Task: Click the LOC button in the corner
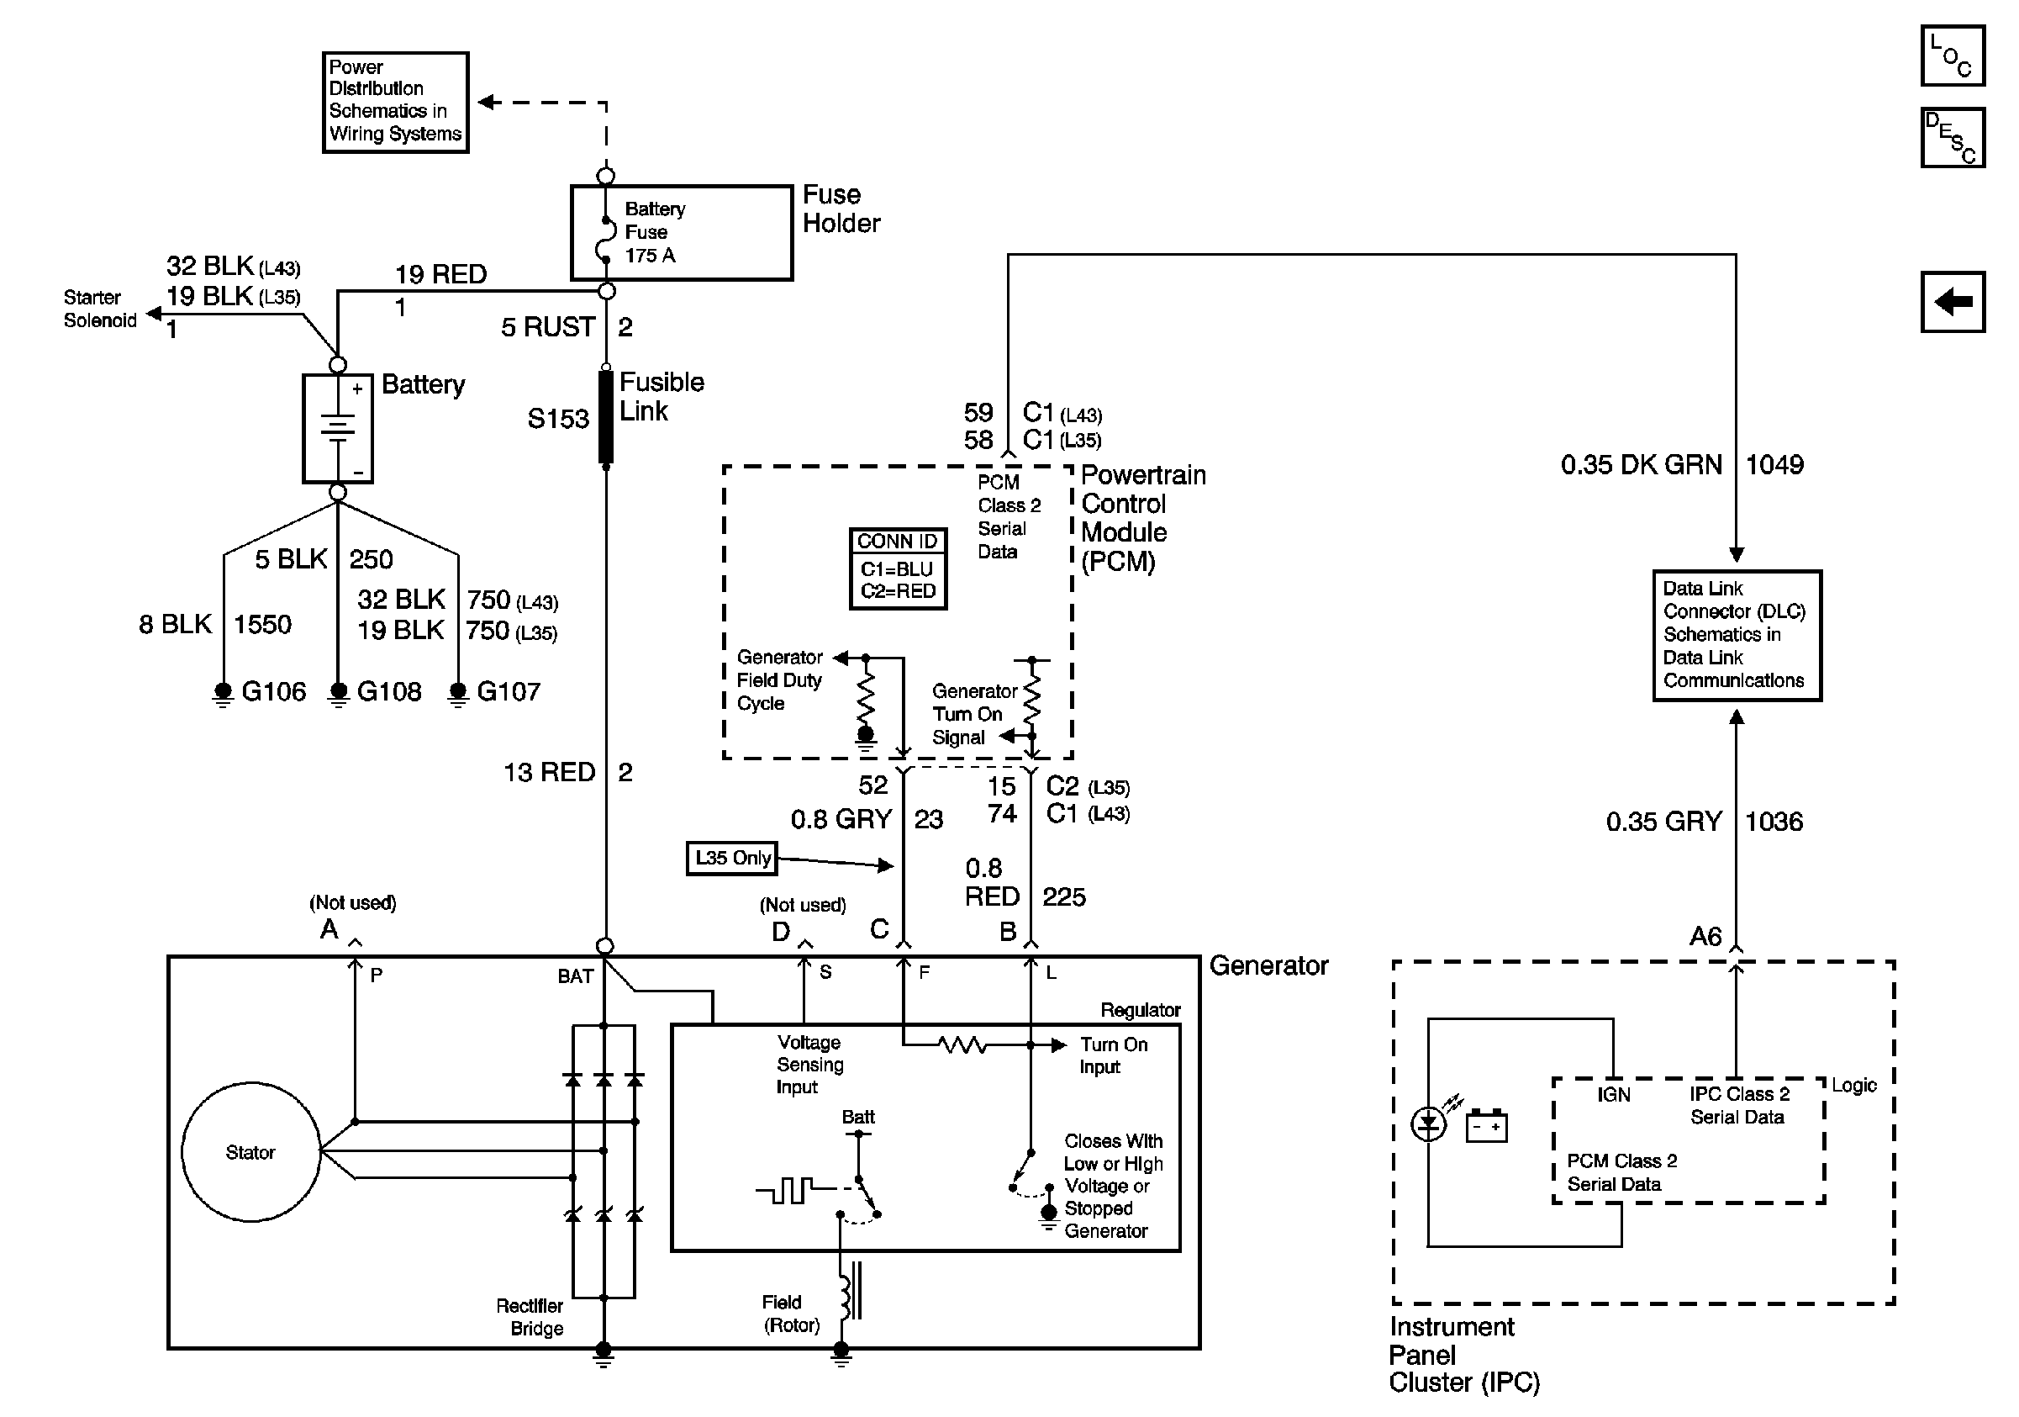1952,56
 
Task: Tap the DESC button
1952,137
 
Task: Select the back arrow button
1952,302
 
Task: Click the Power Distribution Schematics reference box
395,102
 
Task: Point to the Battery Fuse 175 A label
654,232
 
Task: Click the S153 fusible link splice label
557,419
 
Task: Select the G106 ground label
273,691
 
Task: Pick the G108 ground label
388,691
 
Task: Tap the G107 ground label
509,691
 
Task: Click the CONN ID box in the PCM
898,568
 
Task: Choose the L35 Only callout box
731,858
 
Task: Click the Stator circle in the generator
250,1151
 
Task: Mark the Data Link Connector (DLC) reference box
1736,635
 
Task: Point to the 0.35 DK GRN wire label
1641,464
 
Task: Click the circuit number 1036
1774,822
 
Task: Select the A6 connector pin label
1705,936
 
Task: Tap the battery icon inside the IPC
1486,1126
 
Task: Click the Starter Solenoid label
99,309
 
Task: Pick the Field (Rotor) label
789,1314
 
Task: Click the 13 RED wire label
549,772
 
